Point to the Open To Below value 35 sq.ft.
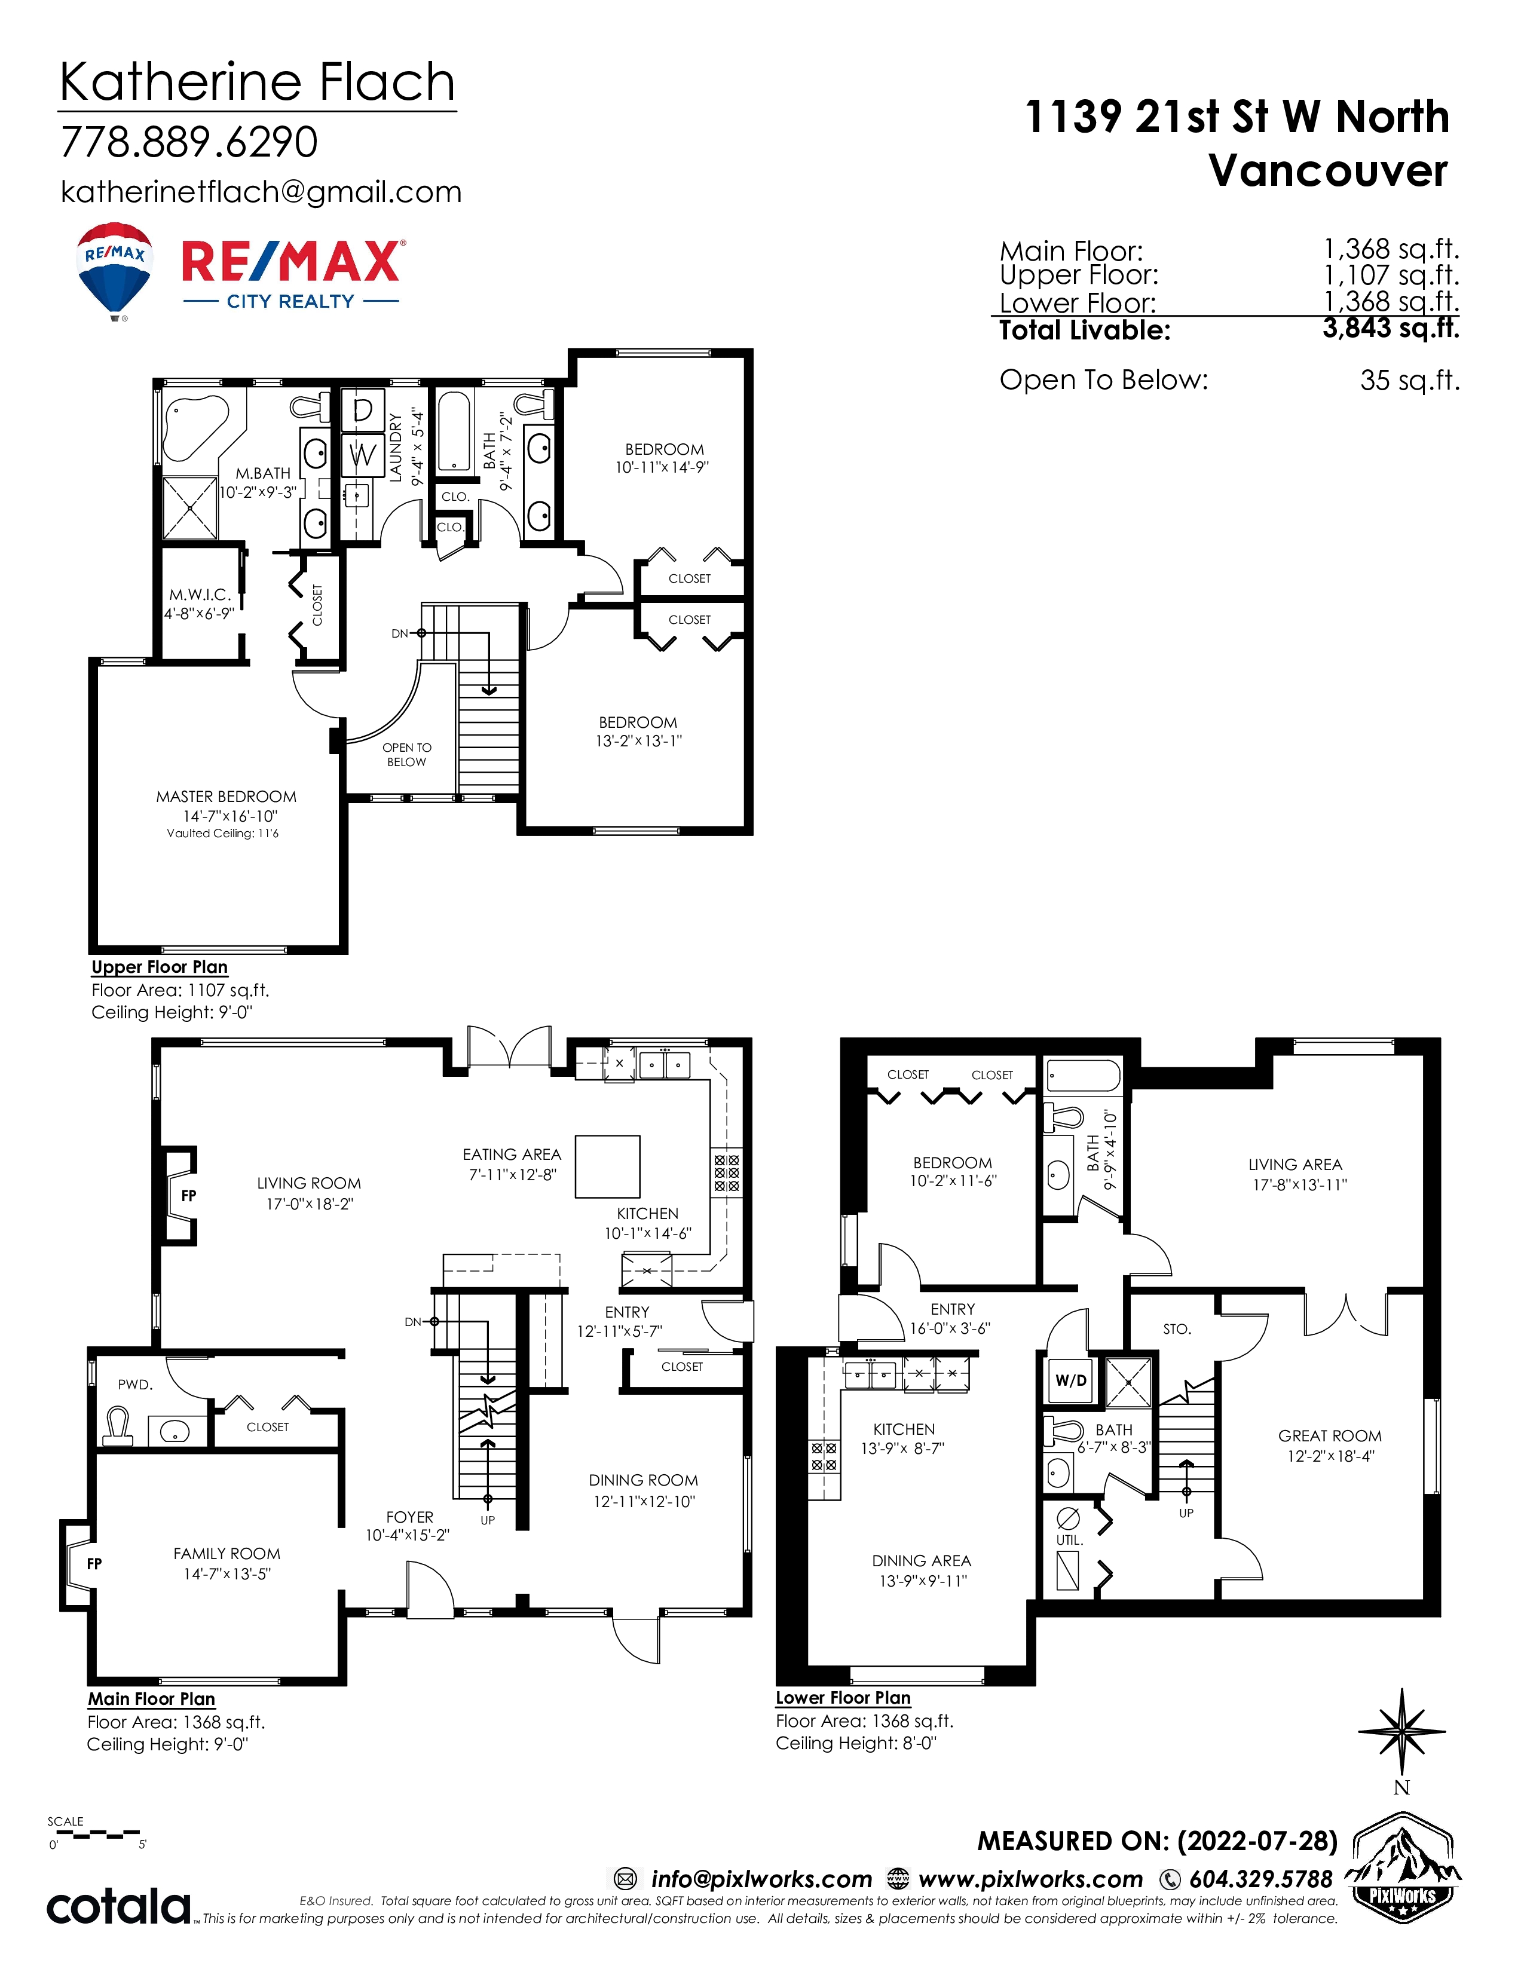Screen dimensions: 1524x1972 1409,380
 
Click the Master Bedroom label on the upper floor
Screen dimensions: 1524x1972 226,797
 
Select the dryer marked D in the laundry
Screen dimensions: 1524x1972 363,411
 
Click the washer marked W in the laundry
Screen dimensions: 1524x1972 363,454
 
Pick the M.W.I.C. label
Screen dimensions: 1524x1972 200,595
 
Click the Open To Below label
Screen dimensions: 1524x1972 406,755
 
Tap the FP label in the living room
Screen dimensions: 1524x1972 189,1196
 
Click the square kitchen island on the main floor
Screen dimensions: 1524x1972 608,1166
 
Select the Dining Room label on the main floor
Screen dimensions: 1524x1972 643,1480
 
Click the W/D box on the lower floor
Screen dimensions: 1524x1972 1071,1380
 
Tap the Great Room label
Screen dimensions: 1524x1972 1329,1435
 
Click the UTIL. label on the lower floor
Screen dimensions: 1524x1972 1069,1539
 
